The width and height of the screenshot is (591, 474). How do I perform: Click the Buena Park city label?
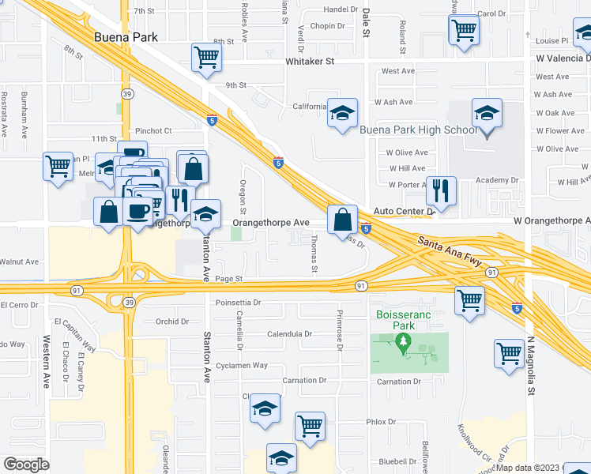[x=126, y=36]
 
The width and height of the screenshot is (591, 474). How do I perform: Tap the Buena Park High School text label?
[x=417, y=130]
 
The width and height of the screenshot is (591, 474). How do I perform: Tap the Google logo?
[x=26, y=464]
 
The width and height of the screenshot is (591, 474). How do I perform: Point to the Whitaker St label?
[x=310, y=61]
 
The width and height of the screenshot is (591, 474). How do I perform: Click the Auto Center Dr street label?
[x=405, y=212]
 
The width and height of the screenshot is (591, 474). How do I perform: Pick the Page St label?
[x=228, y=279]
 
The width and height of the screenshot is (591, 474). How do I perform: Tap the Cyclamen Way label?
[x=243, y=366]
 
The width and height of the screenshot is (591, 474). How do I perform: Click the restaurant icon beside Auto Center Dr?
[x=441, y=190]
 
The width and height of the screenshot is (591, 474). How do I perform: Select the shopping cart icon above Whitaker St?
[x=206, y=56]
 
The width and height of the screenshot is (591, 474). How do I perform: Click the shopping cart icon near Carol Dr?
[x=464, y=30]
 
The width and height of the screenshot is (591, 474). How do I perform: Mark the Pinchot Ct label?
[x=153, y=130]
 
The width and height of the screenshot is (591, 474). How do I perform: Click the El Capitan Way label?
[x=76, y=336]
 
